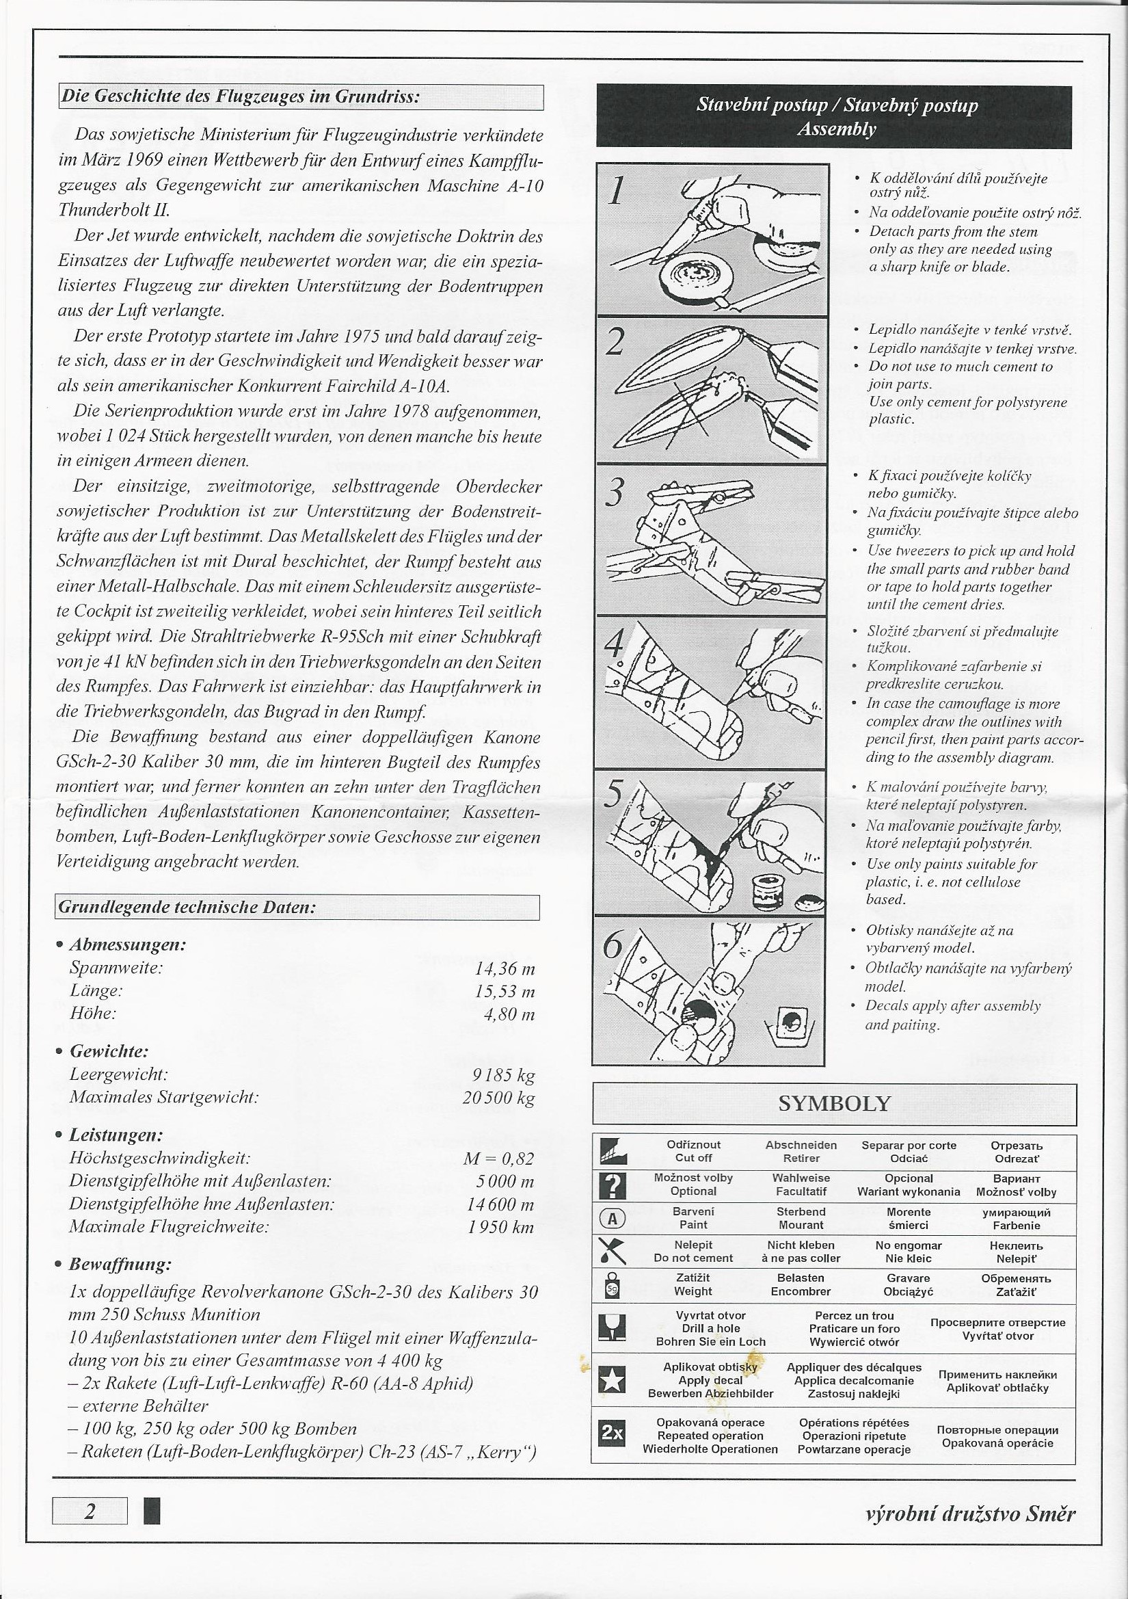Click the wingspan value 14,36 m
tap(505, 968)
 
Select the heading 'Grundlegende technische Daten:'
tap(188, 908)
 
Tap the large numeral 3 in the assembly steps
tap(614, 494)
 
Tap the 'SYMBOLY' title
tap(834, 1104)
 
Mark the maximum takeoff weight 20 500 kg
tap(498, 1098)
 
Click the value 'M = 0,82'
tap(498, 1159)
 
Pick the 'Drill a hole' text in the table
tap(710, 1328)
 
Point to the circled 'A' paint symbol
tap(613, 1219)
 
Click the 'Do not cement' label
tap(693, 1258)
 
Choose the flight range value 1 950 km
tap(501, 1226)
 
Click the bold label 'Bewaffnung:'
tap(120, 1264)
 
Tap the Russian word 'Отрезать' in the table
tap(1016, 1146)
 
